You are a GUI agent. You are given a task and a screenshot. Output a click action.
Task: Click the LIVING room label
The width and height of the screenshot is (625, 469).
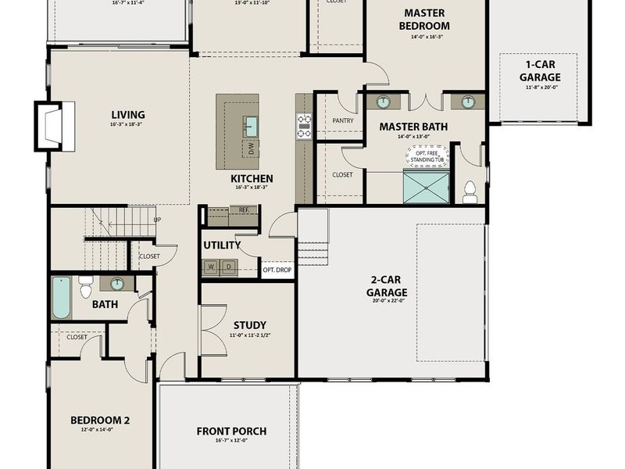(127, 115)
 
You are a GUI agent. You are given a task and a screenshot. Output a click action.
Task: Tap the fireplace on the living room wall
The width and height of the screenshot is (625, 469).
(55, 126)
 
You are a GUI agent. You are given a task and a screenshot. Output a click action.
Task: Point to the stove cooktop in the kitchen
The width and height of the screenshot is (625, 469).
(303, 126)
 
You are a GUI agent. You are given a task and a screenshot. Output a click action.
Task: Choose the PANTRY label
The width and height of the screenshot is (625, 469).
(343, 121)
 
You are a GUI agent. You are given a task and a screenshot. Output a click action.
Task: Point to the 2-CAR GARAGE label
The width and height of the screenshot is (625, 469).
(387, 287)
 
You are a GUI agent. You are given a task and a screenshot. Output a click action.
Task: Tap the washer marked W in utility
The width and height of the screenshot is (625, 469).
(211, 267)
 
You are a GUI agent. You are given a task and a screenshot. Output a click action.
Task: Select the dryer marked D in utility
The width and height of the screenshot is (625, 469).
(229, 267)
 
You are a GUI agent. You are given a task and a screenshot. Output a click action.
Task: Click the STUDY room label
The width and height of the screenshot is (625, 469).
(250, 325)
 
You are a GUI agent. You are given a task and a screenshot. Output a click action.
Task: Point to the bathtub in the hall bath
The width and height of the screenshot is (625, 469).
(62, 297)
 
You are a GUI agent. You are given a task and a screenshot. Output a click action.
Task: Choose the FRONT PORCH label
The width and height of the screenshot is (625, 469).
(231, 431)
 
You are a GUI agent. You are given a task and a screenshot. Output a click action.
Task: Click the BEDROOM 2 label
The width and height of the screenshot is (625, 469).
(100, 420)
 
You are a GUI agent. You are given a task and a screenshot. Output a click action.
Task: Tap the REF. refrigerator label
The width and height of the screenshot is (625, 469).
(244, 210)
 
